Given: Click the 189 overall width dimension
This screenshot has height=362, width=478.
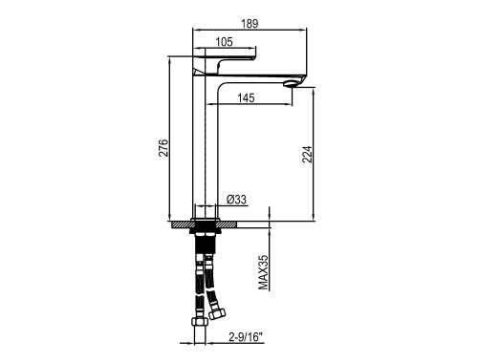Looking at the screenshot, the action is point(250,24).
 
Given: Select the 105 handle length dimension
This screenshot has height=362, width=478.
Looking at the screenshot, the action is point(224,42).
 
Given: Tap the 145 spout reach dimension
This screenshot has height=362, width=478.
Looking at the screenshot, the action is point(246,97).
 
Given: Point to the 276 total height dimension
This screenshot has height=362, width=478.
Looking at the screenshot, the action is point(163,148).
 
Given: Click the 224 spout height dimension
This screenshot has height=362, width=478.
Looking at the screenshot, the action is point(307,155).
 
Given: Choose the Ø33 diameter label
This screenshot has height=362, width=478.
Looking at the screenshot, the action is point(236,200).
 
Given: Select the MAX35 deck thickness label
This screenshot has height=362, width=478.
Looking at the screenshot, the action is point(264,272).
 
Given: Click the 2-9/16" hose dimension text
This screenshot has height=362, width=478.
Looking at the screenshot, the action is point(246,337).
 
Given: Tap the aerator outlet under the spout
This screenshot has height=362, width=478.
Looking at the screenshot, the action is point(290,84).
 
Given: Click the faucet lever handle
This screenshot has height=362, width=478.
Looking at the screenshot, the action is point(225,65).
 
